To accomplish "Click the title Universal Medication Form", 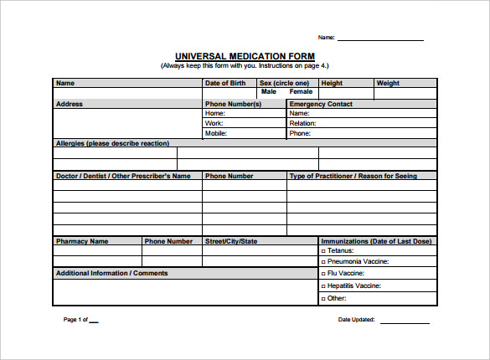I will [x=245, y=56].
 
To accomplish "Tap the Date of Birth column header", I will [x=225, y=83].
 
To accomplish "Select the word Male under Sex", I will [x=269, y=92].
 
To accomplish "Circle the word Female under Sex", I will [x=301, y=92].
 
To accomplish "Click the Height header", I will [x=332, y=83].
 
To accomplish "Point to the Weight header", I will [x=388, y=83].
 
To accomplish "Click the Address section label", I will [x=70, y=104].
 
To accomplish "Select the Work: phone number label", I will [x=214, y=123].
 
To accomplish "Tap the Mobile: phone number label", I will [x=216, y=133].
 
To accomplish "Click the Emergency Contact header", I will [x=321, y=104].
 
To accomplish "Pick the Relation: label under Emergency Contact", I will [x=302, y=123].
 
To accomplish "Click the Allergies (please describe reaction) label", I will [x=112, y=143].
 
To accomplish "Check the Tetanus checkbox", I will [x=324, y=251].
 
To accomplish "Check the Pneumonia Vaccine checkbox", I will [x=324, y=262].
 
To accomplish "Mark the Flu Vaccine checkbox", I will [x=324, y=274].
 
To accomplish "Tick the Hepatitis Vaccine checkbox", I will [x=324, y=286].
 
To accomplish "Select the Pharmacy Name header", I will [x=82, y=241].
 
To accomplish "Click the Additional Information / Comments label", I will [x=111, y=273].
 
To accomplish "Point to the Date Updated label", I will [x=357, y=320].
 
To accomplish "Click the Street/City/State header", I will [x=231, y=241].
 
